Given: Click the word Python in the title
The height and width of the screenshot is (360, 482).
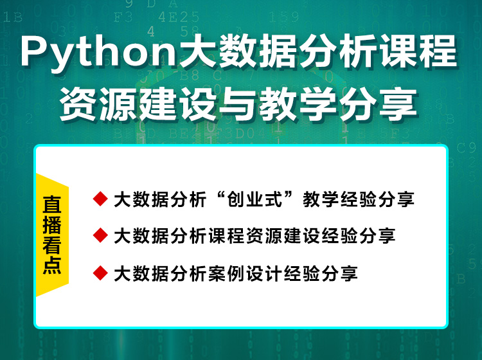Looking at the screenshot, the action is pyautogui.click(x=98, y=52).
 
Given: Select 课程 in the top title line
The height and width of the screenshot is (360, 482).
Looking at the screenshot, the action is pyautogui.click(x=418, y=51).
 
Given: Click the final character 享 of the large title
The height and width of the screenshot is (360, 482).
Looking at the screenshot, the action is pyautogui.click(x=398, y=104).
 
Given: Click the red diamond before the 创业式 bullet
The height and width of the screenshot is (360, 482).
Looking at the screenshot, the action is pyautogui.click(x=100, y=199).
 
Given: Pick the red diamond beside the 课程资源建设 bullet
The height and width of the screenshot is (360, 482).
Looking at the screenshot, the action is pyautogui.click(x=100, y=235).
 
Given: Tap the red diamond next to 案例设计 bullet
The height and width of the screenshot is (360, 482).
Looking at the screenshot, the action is pyautogui.click(x=100, y=273).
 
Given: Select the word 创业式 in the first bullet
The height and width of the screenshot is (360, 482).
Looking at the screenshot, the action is pyautogui.click(x=254, y=199).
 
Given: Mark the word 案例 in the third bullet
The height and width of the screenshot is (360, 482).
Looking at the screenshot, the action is pyautogui.click(x=227, y=273).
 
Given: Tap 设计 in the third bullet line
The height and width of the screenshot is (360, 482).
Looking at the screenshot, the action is pyautogui.click(x=264, y=273).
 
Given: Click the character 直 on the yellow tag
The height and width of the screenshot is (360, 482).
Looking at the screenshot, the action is pyautogui.click(x=51, y=204).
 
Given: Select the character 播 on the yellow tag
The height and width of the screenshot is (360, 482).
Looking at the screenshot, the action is pyautogui.click(x=51, y=225).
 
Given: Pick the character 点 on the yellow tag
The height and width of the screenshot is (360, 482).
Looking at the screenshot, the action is pyautogui.click(x=51, y=265).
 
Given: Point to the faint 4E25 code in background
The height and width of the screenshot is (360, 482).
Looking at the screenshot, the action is pyautogui.click(x=179, y=17).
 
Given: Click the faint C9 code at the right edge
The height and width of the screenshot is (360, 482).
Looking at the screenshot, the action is pyautogui.click(x=467, y=148).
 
